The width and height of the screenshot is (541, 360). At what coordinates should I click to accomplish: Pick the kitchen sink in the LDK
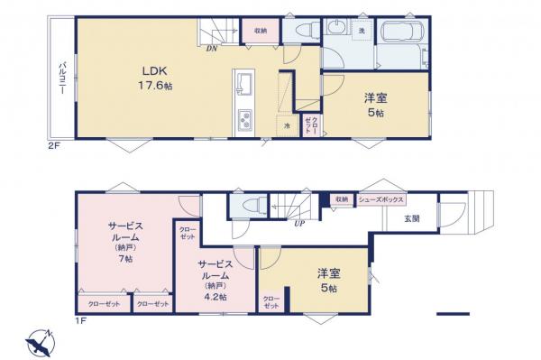244,87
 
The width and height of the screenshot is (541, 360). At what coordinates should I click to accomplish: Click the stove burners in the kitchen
244,119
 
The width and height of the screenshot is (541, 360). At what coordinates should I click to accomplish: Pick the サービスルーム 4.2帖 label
218,279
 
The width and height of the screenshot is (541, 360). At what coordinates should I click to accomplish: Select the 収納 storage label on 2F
261,28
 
